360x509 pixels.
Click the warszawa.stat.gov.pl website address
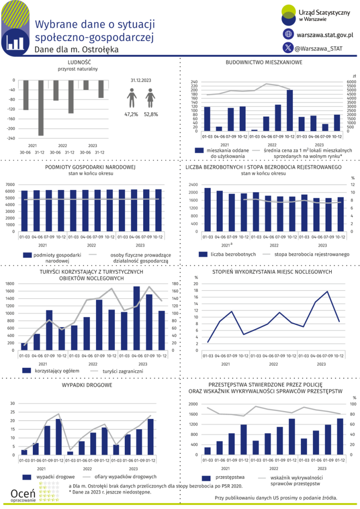click(x=324, y=35)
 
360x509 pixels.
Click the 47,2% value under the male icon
click(x=131, y=114)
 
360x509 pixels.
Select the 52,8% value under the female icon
click(x=151, y=114)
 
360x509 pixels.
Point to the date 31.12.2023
click(x=141, y=80)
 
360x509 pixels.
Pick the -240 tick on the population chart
click(x=10, y=138)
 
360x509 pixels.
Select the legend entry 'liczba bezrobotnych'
click(x=233, y=254)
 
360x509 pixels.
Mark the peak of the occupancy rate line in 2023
click(x=327, y=291)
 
